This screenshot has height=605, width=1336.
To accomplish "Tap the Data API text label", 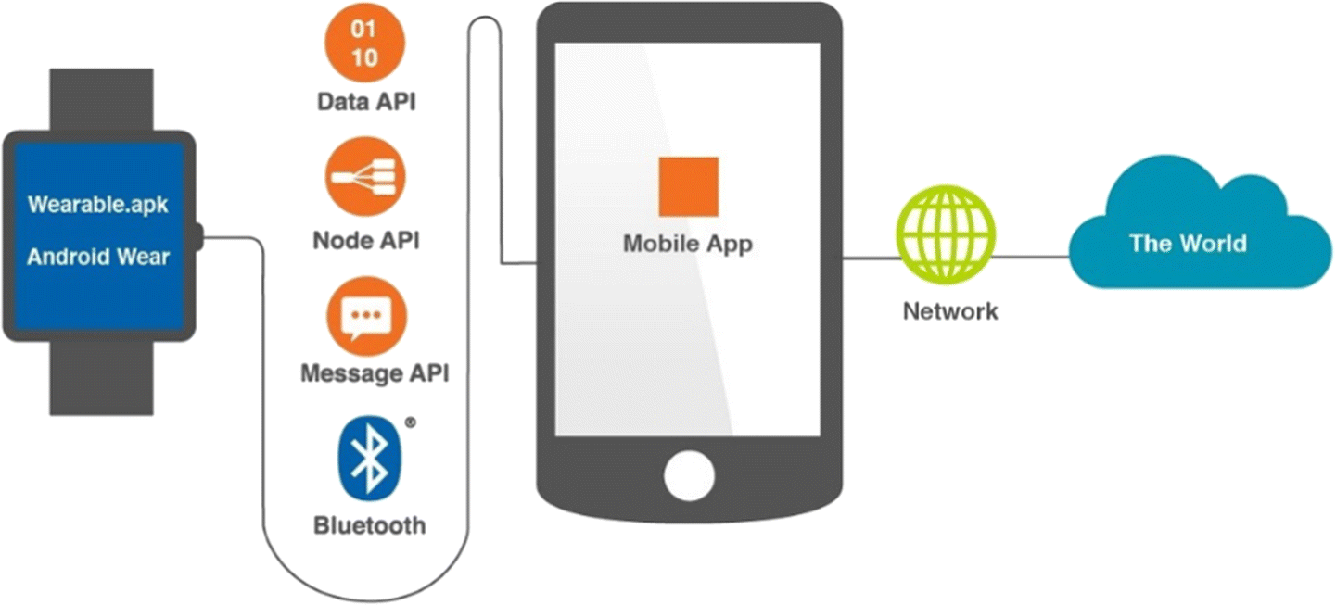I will [x=365, y=101].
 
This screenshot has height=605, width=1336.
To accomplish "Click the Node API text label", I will [x=365, y=241].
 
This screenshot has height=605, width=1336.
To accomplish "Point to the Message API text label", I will [x=375, y=374].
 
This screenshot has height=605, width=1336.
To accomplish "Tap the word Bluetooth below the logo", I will [x=369, y=526].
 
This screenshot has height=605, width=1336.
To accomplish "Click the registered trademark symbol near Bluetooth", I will [x=411, y=422].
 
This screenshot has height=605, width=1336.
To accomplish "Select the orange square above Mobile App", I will [x=688, y=187].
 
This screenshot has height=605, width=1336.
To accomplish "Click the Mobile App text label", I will [x=688, y=245].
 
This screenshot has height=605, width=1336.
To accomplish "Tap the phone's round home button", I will [x=688, y=474].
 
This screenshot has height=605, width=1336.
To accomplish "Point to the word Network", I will [x=950, y=310].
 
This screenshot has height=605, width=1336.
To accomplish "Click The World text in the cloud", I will [x=1188, y=244].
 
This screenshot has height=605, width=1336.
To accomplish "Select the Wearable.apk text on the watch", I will [x=98, y=205].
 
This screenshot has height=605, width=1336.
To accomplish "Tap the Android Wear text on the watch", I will [x=98, y=256].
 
